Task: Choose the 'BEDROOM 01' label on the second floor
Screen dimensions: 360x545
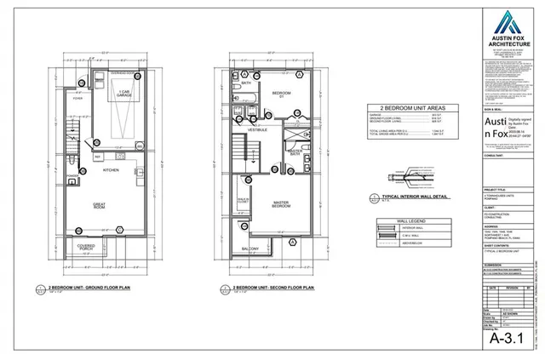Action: pyautogui.click(x=281, y=94)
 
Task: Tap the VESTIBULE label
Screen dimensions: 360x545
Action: pyautogui.click(x=257, y=129)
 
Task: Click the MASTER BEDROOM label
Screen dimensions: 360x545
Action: pyautogui.click(x=281, y=205)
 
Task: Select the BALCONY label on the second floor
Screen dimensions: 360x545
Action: pyautogui.click(x=250, y=249)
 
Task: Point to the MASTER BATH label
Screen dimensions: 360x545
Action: pyautogui.click(x=294, y=152)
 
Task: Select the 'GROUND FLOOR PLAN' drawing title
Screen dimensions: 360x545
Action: pyautogui.click(x=95, y=289)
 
